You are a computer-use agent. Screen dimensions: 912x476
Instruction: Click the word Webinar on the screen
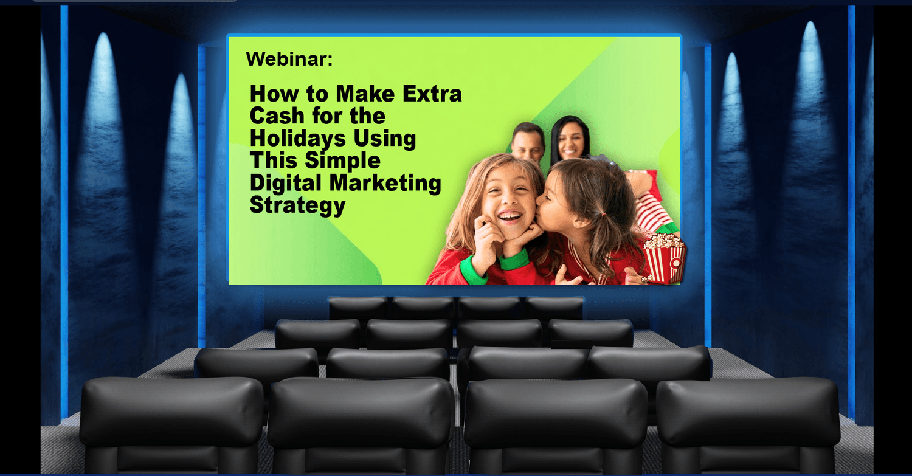(x=289, y=59)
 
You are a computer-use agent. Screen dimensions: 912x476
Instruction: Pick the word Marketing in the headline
(x=385, y=183)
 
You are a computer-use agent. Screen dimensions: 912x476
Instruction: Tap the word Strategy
(x=298, y=205)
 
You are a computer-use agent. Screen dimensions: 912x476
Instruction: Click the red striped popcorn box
(x=665, y=258)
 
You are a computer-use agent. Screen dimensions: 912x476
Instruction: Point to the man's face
(x=528, y=145)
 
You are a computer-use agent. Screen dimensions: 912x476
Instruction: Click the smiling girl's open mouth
(x=510, y=216)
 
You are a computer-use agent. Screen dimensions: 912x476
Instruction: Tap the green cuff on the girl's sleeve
(x=514, y=259)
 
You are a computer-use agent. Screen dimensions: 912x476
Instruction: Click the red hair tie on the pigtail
(x=604, y=214)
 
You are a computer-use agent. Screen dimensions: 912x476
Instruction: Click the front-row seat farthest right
(x=748, y=426)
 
